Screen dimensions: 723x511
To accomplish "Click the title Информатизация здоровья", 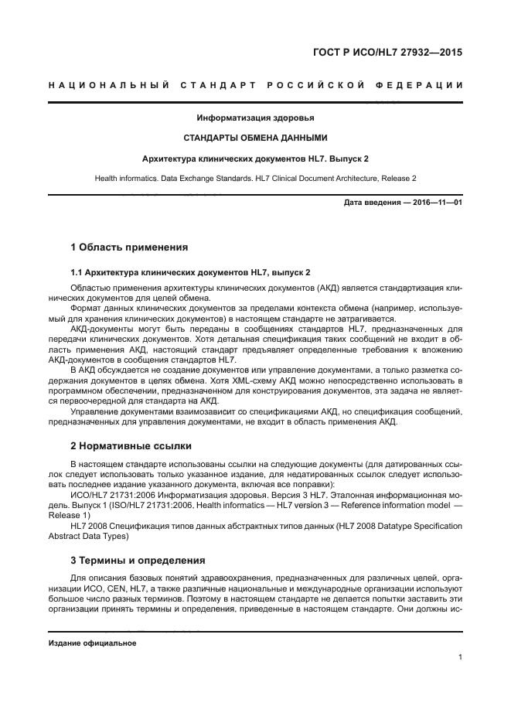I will (255, 118).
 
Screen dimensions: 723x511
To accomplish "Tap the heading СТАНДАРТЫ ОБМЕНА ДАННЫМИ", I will (255, 138).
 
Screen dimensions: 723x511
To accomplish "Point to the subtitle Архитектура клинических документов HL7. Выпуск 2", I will (255, 159).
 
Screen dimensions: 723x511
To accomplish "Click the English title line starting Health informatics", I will (255, 179).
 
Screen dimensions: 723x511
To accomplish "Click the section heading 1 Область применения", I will (129, 248).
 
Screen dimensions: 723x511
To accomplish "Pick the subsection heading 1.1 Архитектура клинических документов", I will (190, 272).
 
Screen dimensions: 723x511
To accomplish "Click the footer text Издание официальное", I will (92, 643).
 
